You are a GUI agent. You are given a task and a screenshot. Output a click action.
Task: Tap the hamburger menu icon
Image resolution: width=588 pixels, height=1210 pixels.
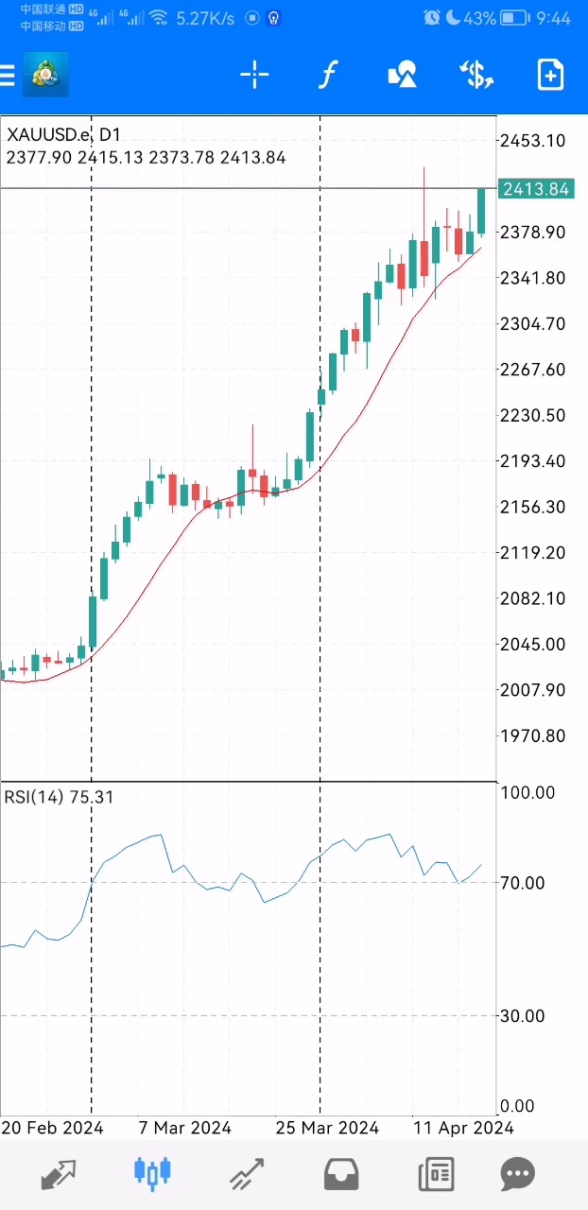pyautogui.click(x=8, y=75)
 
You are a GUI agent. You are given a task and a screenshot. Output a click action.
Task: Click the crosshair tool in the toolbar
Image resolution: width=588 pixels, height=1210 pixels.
pyautogui.click(x=254, y=75)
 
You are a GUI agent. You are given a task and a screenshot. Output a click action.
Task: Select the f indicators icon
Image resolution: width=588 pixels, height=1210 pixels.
pyautogui.click(x=327, y=75)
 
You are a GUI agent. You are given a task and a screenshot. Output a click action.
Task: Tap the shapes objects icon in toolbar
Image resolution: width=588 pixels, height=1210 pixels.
pyautogui.click(x=403, y=75)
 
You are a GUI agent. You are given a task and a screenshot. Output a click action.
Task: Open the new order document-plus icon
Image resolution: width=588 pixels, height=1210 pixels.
pyautogui.click(x=550, y=75)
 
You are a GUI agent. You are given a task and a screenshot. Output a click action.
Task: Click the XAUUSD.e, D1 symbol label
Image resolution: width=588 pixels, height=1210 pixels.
pyautogui.click(x=63, y=135)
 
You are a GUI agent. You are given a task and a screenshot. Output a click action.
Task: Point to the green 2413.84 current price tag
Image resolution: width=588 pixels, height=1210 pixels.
pyautogui.click(x=536, y=189)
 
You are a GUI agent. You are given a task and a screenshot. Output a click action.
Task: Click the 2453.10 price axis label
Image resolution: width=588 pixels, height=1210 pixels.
pyautogui.click(x=533, y=141)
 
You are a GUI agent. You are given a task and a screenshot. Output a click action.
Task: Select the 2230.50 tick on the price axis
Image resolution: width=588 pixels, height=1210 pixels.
pyautogui.click(x=533, y=415)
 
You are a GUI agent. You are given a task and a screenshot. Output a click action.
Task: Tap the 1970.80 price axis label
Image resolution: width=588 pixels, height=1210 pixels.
pyautogui.click(x=533, y=735)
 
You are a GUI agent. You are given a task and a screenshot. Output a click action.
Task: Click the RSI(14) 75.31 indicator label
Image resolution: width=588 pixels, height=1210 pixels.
pyautogui.click(x=59, y=797)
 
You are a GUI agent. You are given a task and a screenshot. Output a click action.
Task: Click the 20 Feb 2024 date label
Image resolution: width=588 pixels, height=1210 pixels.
pyautogui.click(x=52, y=1128)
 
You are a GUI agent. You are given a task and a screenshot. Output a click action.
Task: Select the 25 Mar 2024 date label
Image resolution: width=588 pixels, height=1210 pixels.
pyautogui.click(x=327, y=1128)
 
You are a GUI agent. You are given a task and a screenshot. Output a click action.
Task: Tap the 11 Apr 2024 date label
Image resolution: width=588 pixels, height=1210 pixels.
pyautogui.click(x=463, y=1128)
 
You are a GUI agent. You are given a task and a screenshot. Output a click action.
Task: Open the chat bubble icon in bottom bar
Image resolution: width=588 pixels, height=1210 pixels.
pyautogui.click(x=518, y=1174)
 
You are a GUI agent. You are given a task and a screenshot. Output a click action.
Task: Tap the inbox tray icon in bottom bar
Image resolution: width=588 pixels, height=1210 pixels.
pyautogui.click(x=341, y=1174)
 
